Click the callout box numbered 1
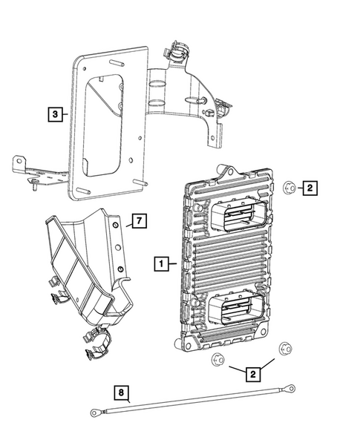point(160,262)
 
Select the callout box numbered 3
point(54,114)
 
